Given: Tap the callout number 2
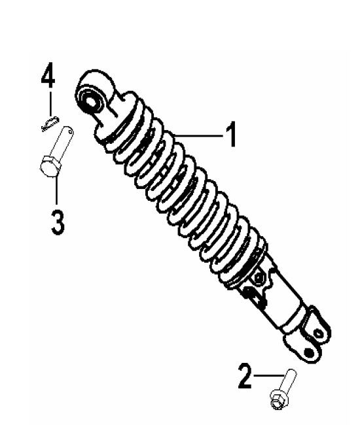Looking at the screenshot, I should [x=243, y=377].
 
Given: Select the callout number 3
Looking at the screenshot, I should [x=56, y=222].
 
